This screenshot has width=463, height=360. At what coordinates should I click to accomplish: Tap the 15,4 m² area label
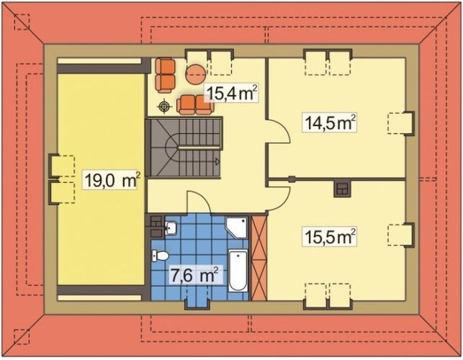coord(231,92)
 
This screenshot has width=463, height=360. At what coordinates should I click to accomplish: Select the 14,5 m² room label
coord(331,122)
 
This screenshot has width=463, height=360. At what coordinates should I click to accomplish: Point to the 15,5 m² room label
coord(331,236)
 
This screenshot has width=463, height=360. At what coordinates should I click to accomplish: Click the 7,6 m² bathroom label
coord(194,274)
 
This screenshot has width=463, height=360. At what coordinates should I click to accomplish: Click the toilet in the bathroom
coord(160,255)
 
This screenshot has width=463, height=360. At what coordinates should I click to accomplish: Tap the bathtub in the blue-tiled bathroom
coord(238,271)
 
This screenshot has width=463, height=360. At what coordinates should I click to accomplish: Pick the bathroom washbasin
coord(170,228)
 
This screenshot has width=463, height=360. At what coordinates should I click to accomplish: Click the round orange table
coord(196,73)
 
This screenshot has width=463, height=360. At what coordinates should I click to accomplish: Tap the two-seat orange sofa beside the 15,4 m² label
coord(194,104)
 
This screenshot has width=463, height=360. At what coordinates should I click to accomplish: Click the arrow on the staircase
coord(215,163)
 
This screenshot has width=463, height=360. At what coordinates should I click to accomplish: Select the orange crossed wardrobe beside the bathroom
coord(259,256)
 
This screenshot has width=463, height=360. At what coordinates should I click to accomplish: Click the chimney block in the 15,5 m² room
coord(342,189)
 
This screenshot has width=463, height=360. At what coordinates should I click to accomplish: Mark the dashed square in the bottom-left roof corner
coord(22,336)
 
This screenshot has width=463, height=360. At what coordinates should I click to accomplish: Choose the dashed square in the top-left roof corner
coord(22,22)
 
